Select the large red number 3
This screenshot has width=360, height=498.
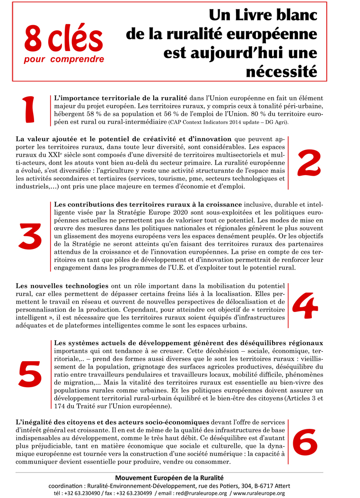coord(30,235)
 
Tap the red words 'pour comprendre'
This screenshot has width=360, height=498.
coord(64,60)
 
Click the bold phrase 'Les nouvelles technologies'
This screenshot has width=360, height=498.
coord(62,286)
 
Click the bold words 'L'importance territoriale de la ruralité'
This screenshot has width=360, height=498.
coord(121,97)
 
